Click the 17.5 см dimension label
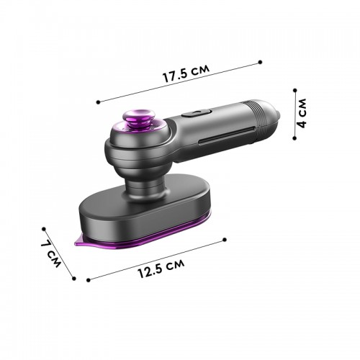(x=186, y=73)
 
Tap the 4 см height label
(x=302, y=113)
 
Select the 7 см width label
(x=51, y=253)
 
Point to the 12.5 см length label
(x=161, y=268)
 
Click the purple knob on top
(x=138, y=118)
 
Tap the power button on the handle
(x=196, y=112)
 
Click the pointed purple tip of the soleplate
(x=77, y=243)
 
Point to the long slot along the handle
(x=226, y=136)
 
